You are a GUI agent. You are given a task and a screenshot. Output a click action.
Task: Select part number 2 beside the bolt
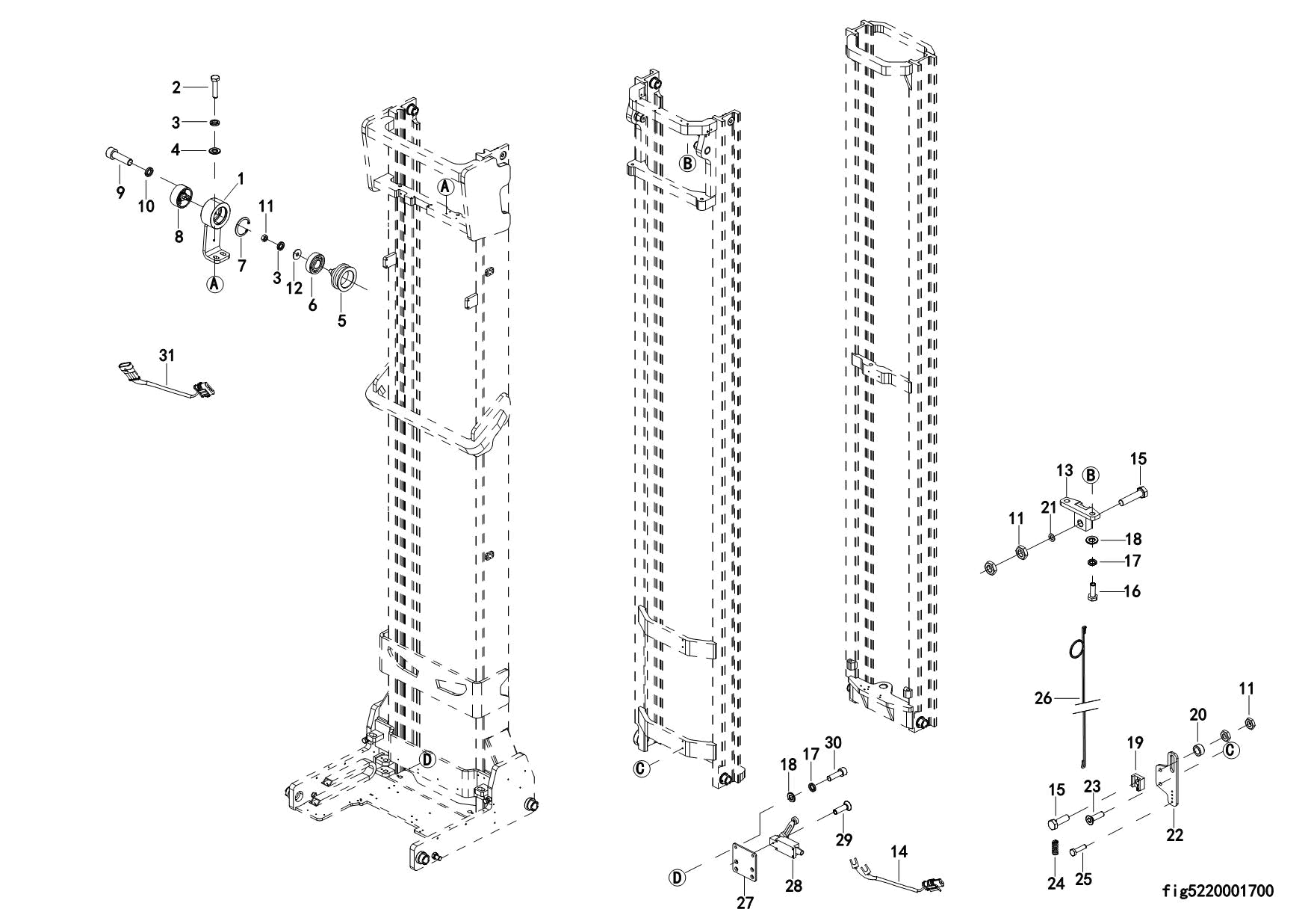coord(176,87)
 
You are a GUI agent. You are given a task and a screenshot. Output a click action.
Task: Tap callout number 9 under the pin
coord(120,192)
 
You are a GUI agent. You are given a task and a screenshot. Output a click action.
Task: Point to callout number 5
coord(342,321)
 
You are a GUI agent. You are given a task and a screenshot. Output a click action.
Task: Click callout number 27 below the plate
coord(745,902)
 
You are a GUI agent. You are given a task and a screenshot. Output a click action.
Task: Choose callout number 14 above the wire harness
coord(899,851)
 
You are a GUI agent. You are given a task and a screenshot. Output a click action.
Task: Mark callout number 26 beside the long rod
coord(1043,698)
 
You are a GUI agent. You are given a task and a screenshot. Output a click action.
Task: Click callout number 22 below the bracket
coord(1175,834)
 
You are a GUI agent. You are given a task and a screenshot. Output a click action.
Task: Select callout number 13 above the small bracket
coord(1064,470)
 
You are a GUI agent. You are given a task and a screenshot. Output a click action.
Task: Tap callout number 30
coord(833,742)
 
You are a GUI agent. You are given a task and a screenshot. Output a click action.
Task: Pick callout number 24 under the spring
coord(1056,883)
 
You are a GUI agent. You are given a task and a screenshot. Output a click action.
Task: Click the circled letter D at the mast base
coord(427,760)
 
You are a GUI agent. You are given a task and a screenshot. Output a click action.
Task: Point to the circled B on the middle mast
coord(687,162)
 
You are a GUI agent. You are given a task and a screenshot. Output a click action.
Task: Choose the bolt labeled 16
coord(1092,591)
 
